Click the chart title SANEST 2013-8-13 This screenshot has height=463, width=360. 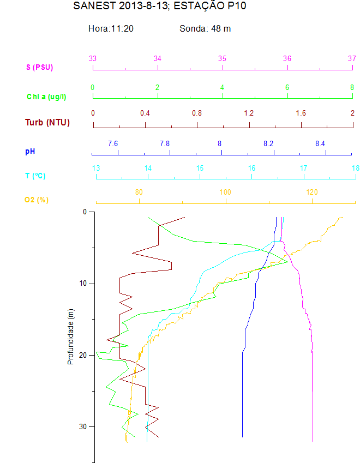[x=155, y=7]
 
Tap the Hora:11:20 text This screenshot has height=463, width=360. [x=111, y=28]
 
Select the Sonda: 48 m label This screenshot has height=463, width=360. [x=205, y=28]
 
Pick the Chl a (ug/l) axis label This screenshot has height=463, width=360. [x=47, y=97]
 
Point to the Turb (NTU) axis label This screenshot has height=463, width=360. [x=47, y=122]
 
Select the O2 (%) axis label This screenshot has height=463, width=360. [x=36, y=200]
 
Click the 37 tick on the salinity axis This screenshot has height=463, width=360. [x=352, y=58]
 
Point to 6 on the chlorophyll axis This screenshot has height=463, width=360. [x=287, y=87]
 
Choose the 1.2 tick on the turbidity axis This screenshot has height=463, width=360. [x=249, y=113]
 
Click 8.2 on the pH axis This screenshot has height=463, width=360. [x=268, y=143]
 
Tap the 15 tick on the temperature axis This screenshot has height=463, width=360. [x=200, y=168]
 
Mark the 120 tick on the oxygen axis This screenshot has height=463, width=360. [x=312, y=192]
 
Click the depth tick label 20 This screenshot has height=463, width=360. [x=83, y=355]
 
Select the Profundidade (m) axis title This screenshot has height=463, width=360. [x=70, y=336]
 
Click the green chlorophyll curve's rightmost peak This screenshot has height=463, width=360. [x=287, y=261]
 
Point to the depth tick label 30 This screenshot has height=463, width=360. [x=83, y=426]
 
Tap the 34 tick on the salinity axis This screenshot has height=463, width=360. [x=158, y=58]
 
